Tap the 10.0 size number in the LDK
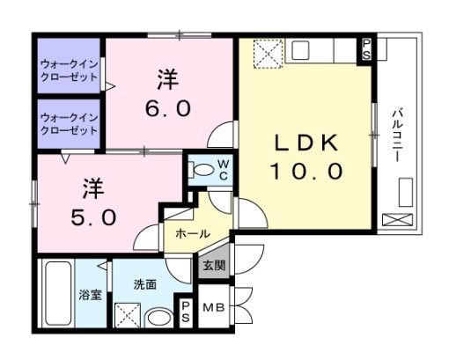point(306,172)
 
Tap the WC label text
point(224,170)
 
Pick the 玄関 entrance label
point(214,264)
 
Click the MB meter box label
point(214,307)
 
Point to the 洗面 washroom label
point(144,284)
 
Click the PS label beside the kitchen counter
point(366,50)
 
